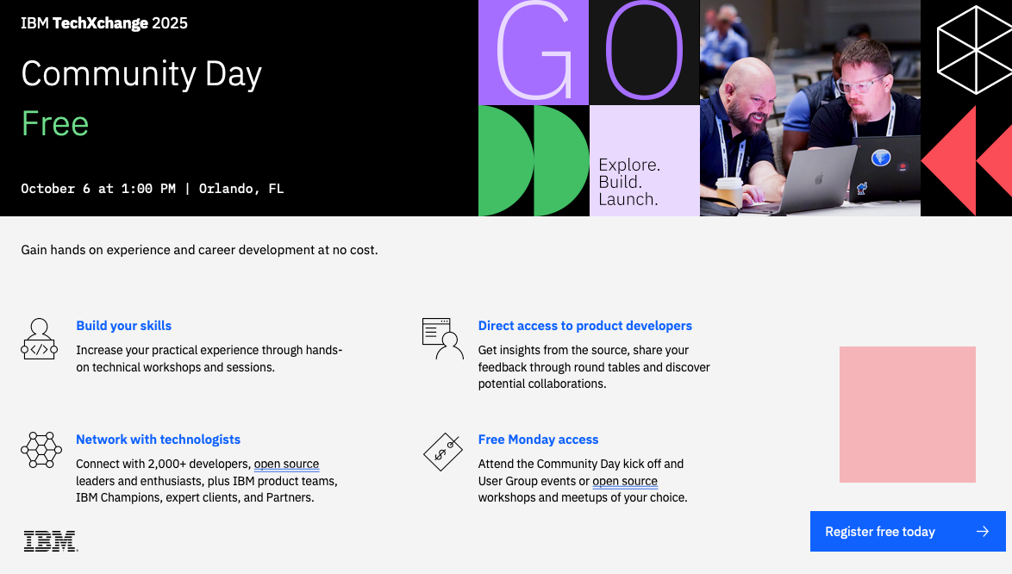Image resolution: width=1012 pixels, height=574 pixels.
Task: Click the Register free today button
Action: pos(908,532)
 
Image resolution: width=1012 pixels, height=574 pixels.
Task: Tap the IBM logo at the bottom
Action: pos(51,541)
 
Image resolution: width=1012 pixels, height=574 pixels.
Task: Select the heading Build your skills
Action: pos(124,326)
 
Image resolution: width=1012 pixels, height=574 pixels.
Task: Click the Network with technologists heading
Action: pos(158,440)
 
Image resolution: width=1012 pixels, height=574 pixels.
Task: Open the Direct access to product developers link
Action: pos(584,326)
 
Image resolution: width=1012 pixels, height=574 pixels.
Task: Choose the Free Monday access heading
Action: pos(538,440)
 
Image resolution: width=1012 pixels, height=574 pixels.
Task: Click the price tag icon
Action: pos(443,452)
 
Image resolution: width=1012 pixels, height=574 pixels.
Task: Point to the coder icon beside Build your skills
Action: pos(40,339)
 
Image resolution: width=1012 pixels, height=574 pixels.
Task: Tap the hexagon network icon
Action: pos(41,450)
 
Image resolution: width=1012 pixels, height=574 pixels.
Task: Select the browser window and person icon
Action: pos(443,338)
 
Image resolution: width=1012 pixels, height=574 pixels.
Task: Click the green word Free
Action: pos(55,123)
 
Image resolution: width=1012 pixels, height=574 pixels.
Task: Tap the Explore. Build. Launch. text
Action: pos(629,182)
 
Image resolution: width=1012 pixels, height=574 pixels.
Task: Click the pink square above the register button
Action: pos(908,414)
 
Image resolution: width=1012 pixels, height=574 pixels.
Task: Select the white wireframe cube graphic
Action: pos(975,49)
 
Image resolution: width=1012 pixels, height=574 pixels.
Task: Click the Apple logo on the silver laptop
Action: pos(818,178)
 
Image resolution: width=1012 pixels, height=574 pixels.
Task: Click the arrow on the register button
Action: pos(983,532)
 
